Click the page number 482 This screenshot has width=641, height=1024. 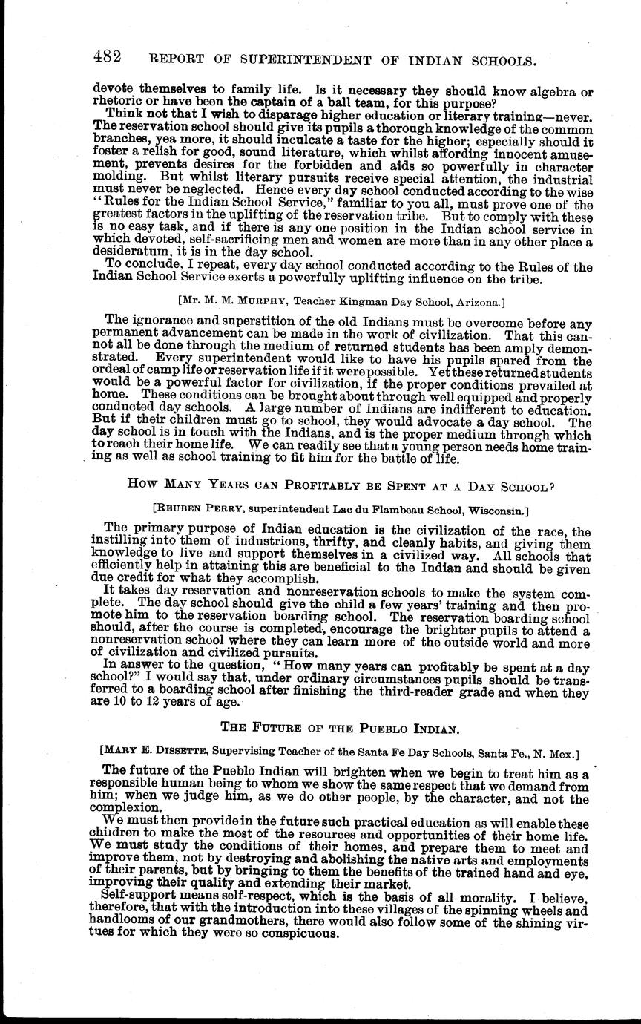pyautogui.click(x=108, y=57)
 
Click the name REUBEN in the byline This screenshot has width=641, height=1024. pyautogui.click(x=179, y=510)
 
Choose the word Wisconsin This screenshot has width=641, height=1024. pyautogui.click(x=496, y=510)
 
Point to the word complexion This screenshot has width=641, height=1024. pyautogui.click(x=122, y=807)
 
